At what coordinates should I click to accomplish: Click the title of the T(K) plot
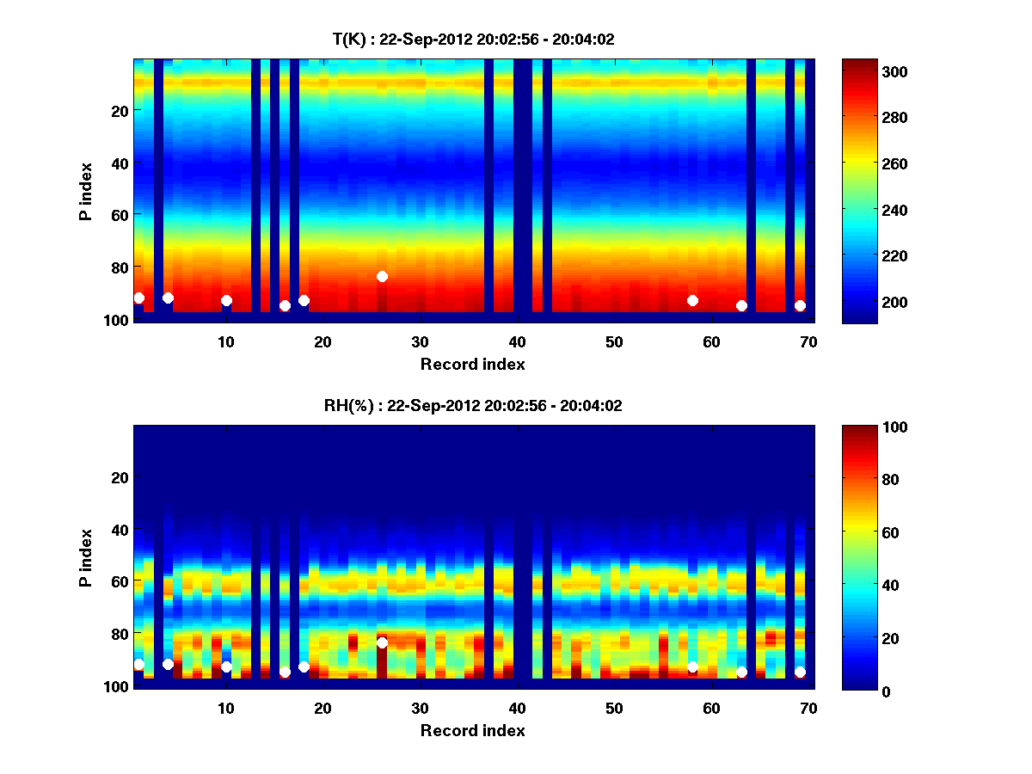pos(473,39)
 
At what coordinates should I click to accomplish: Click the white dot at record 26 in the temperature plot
pos(382,276)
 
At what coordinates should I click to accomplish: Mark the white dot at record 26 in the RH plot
pos(382,642)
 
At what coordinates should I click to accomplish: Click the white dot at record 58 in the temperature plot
pos(692,300)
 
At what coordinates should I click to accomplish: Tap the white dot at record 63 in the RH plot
pos(741,672)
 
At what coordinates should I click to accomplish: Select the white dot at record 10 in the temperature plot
pos(226,300)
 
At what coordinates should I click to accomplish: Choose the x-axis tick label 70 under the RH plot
pos(808,709)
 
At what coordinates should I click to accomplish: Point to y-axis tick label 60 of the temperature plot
pos(119,214)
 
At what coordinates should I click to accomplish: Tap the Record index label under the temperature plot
pos(472,365)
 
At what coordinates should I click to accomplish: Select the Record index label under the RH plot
pos(472,731)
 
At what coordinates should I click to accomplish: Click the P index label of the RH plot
pos(86,557)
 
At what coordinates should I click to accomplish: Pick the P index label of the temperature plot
pos(86,191)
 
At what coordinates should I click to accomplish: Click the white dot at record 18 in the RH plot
pos(304,666)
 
